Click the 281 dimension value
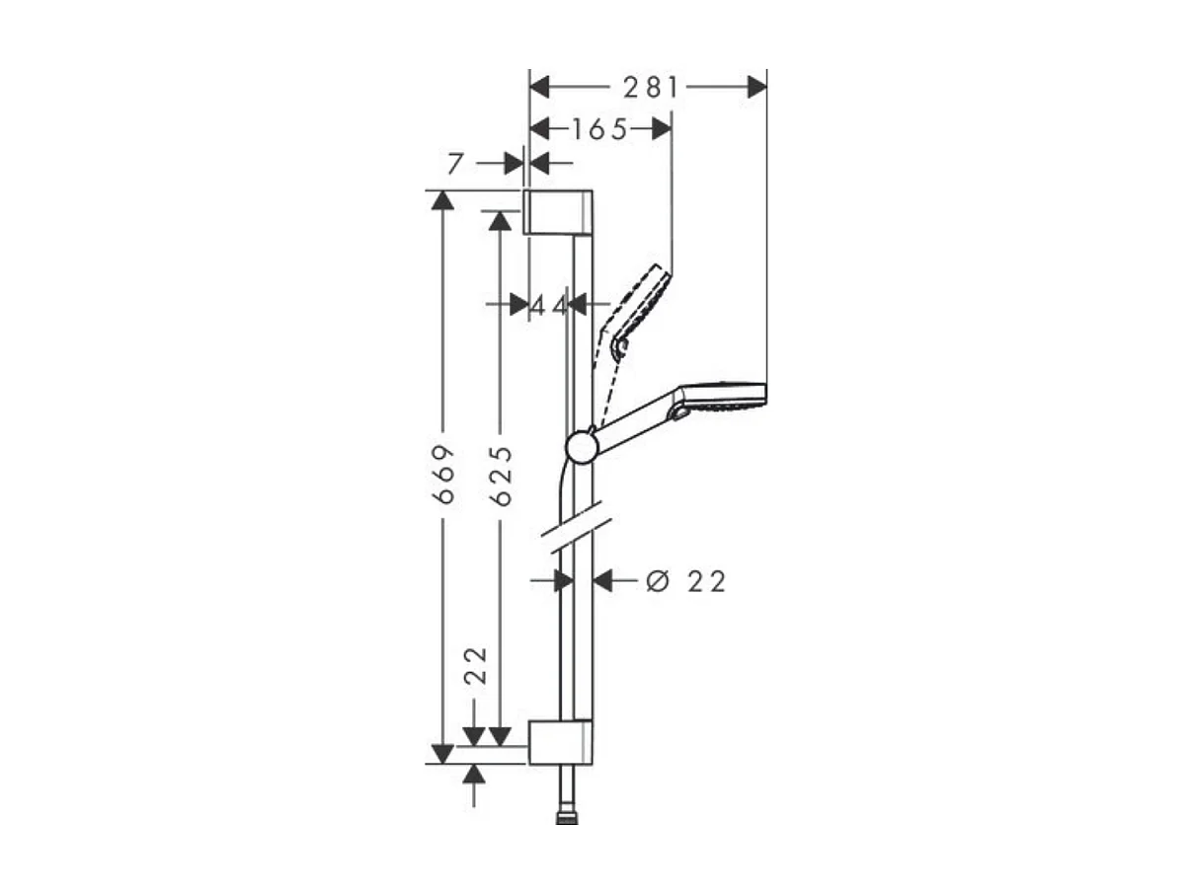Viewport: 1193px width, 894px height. click(651, 88)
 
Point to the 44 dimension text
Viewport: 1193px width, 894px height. click(549, 305)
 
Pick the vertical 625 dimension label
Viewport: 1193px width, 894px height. click(502, 477)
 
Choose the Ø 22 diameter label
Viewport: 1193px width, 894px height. click(685, 581)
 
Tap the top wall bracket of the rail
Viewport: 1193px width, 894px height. click(558, 212)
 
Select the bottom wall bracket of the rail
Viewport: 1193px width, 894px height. click(560, 742)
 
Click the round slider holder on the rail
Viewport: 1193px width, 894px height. click(582, 448)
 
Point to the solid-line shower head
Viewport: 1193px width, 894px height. click(721, 396)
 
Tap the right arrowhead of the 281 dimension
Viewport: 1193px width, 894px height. click(756, 88)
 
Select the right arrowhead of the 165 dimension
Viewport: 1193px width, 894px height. click(661, 128)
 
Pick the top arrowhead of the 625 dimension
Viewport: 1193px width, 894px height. click(501, 221)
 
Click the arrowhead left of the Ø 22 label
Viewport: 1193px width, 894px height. click(603, 581)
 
